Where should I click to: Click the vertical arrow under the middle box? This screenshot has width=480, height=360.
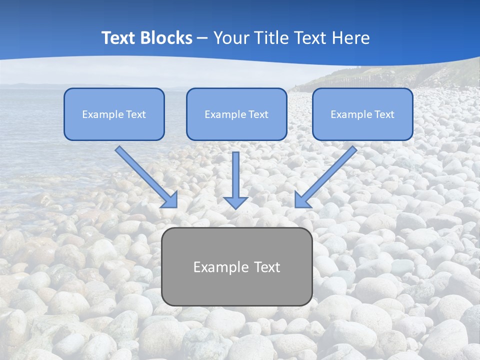click(235, 175)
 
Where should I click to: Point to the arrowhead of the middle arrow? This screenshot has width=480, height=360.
click(235, 202)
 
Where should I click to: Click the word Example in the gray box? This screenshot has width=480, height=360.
click(218, 267)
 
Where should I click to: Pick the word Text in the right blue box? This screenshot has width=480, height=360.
click(384, 114)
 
